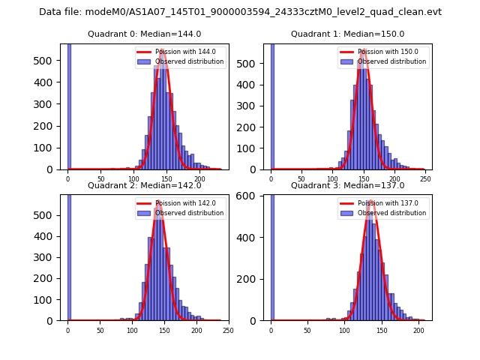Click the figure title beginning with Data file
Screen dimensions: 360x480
pyautogui.click(x=240, y=12)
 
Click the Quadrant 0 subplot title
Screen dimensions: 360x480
pyautogui.click(x=145, y=34)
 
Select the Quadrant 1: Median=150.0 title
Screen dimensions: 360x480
pyautogui.click(x=347, y=34)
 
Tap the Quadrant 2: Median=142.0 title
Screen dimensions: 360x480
pyautogui.click(x=145, y=185)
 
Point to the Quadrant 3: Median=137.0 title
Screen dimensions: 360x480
pyautogui.click(x=347, y=185)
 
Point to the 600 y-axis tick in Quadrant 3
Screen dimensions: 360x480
pyautogui.click(x=255, y=196)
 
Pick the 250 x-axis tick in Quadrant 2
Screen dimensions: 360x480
pyautogui.click(x=228, y=330)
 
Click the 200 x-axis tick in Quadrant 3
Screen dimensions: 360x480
pyautogui.click(x=417, y=330)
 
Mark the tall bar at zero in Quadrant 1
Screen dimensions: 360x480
pyautogui.click(x=271, y=105)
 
